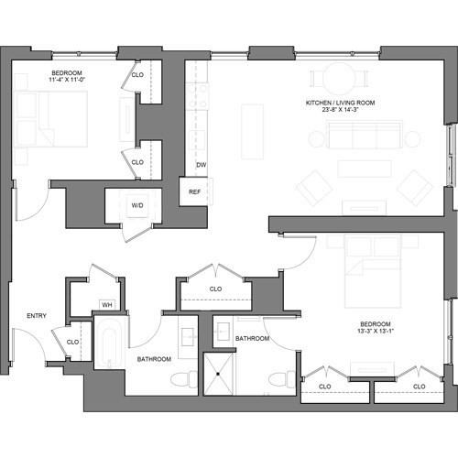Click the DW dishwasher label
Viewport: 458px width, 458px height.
(x=201, y=165)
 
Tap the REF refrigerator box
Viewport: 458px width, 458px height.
(x=194, y=192)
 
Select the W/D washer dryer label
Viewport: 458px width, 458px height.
(x=136, y=206)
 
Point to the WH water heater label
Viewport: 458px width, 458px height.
(x=106, y=305)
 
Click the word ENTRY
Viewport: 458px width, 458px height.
(x=37, y=316)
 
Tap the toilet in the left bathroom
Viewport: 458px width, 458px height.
(x=182, y=376)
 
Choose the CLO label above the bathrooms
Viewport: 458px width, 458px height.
(x=215, y=289)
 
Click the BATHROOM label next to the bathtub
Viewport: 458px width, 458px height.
(x=155, y=359)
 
